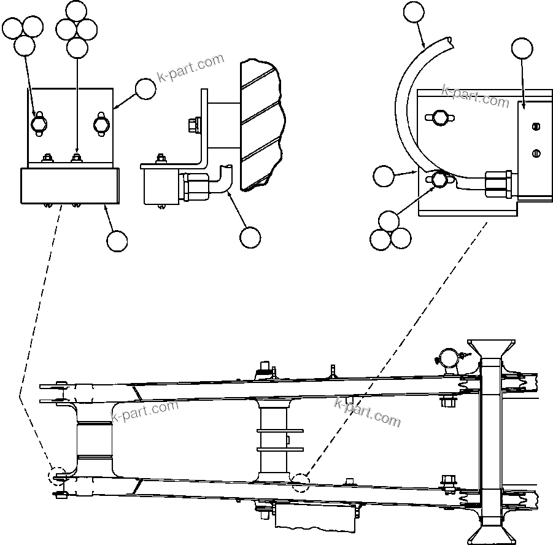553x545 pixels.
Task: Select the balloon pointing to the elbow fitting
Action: click(x=250, y=238)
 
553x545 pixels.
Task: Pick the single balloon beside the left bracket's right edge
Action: click(x=145, y=89)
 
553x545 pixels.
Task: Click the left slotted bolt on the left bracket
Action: click(x=38, y=124)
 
